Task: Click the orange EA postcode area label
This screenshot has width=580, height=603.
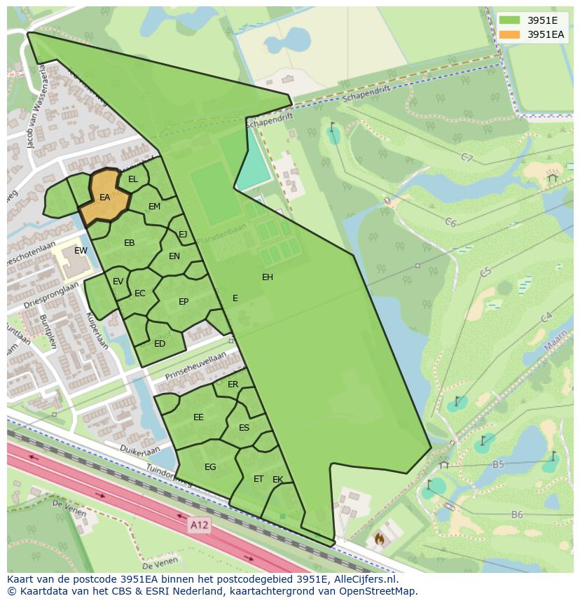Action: pyautogui.click(x=104, y=197)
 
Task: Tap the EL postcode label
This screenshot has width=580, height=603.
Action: pyautogui.click(x=133, y=179)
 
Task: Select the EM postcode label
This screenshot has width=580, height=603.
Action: pyautogui.click(x=155, y=207)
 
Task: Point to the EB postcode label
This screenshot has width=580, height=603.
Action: pyautogui.click(x=130, y=243)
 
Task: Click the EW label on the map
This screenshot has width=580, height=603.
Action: pyautogui.click(x=81, y=251)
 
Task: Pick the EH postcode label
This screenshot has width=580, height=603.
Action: pyautogui.click(x=268, y=277)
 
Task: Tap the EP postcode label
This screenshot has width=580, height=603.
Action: pyautogui.click(x=184, y=302)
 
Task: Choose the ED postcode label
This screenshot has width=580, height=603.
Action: pyautogui.click(x=160, y=344)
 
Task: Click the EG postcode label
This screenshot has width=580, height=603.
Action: pyautogui.click(x=210, y=467)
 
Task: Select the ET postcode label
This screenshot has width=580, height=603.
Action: pyautogui.click(x=258, y=479)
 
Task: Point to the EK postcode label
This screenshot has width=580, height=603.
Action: pyautogui.click(x=277, y=480)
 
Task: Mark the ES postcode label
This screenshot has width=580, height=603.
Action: pyautogui.click(x=244, y=428)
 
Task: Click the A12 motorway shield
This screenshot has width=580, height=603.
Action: pyautogui.click(x=200, y=523)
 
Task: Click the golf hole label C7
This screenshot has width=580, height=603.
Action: pyautogui.click(x=467, y=158)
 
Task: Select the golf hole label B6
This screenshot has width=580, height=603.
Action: pyautogui.click(x=517, y=515)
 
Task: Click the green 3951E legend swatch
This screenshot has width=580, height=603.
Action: pyautogui.click(x=510, y=20)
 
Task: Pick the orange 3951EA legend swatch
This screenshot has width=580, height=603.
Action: pyautogui.click(x=510, y=34)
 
